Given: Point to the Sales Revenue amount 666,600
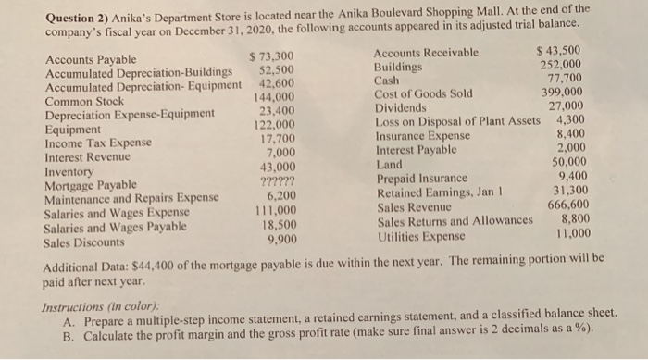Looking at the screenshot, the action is click(569, 206).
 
